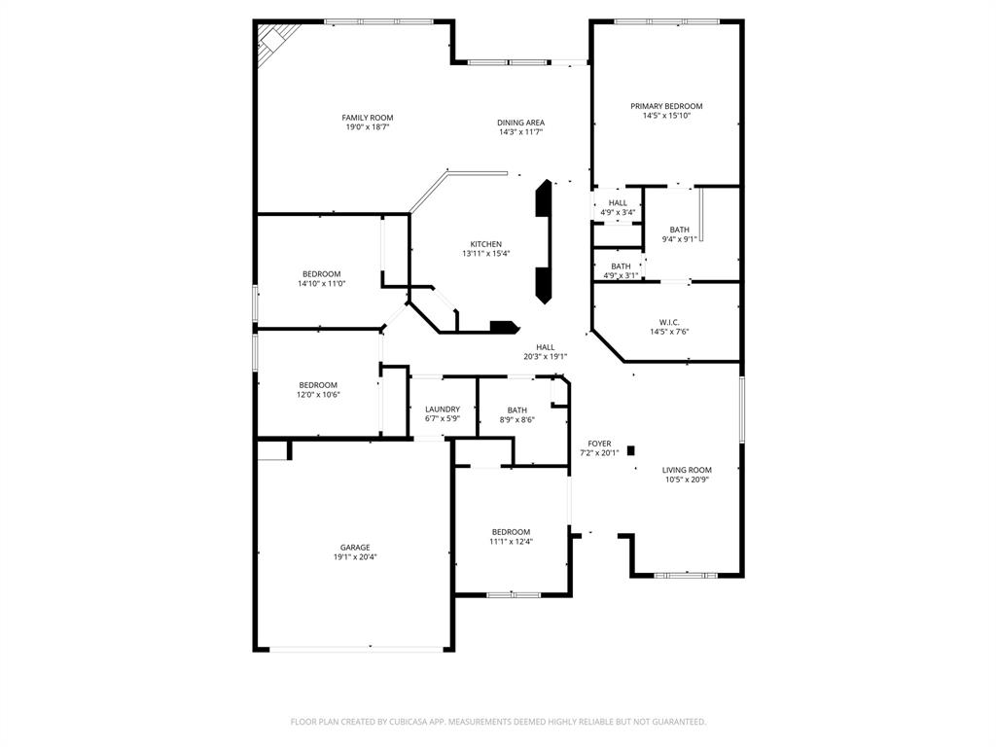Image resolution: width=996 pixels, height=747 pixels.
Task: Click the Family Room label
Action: tap(368, 118)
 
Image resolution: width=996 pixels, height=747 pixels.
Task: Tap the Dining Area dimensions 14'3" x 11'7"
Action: tap(521, 133)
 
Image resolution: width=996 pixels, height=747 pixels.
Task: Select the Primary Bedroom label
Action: tap(666, 106)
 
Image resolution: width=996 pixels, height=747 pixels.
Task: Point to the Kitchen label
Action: tap(486, 244)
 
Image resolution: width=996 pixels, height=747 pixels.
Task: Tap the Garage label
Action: tap(354, 548)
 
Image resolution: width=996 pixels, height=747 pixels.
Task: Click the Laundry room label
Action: tap(443, 409)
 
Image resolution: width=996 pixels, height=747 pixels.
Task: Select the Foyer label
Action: tap(599, 444)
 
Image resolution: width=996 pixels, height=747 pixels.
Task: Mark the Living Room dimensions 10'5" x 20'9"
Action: tap(687, 480)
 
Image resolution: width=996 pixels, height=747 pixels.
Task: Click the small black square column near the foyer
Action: tap(631, 450)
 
